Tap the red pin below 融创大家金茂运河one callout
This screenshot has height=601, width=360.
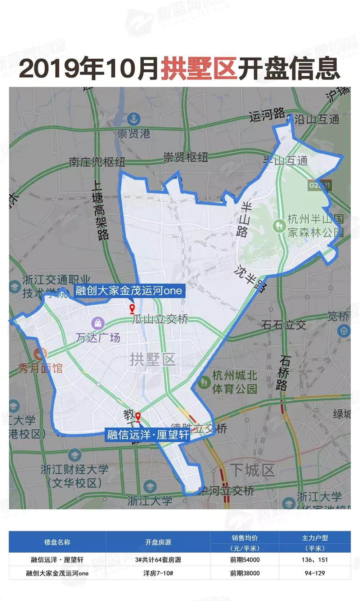pyautogui.click(x=132, y=309)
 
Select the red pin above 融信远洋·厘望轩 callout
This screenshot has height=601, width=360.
pyautogui.click(x=138, y=417)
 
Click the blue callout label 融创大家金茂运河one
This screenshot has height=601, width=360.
pyautogui.click(x=129, y=291)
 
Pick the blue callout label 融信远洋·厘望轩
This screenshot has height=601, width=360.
pyautogui.click(x=148, y=435)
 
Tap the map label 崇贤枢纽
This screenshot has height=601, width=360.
pyautogui.click(x=185, y=157)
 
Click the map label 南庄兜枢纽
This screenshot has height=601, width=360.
pyautogui.click(x=97, y=162)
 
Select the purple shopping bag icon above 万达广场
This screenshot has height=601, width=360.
pyautogui.click(x=98, y=322)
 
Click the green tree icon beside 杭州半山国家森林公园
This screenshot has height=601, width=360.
pyautogui.click(x=278, y=226)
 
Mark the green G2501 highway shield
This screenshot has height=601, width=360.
pyautogui.click(x=319, y=185)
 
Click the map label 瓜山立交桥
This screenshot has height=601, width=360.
pyautogui.click(x=160, y=319)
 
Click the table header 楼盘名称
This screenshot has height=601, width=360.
pyautogui.click(x=57, y=542)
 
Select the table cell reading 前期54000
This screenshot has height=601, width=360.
pyautogui.click(x=245, y=560)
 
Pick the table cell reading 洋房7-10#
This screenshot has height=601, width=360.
pyautogui.click(x=158, y=573)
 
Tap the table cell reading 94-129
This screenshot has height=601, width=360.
pyautogui.click(x=315, y=573)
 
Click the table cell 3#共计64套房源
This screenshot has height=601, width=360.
pyautogui.click(x=158, y=560)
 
